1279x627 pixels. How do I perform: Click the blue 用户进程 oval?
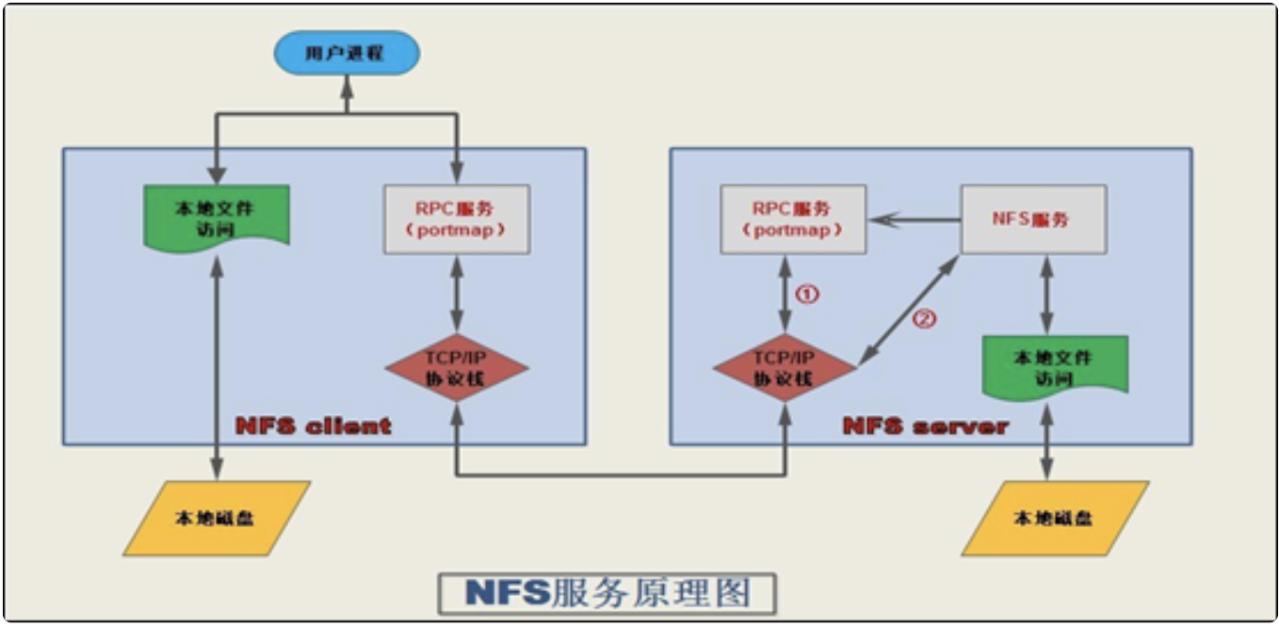(x=347, y=54)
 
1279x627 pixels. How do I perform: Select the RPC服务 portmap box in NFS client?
(x=456, y=219)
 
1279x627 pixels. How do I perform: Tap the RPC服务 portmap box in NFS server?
(x=793, y=219)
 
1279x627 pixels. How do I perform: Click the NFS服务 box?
(x=1033, y=219)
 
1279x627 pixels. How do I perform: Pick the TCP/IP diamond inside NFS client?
(x=456, y=367)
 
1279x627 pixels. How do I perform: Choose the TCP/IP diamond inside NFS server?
(x=785, y=367)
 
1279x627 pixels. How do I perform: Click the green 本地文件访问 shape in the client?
(x=217, y=214)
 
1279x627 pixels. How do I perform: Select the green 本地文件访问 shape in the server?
(x=1055, y=365)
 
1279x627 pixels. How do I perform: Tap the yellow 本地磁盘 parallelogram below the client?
(x=217, y=518)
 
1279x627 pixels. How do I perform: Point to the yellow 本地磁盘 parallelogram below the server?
(x=1055, y=518)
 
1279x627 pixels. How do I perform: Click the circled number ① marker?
(x=808, y=294)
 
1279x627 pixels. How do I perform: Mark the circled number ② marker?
(x=925, y=318)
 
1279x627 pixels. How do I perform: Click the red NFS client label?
(x=314, y=426)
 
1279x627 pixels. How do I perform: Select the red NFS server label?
(x=926, y=426)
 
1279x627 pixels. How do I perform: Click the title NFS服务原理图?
(x=607, y=593)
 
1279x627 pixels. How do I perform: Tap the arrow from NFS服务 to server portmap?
(x=914, y=220)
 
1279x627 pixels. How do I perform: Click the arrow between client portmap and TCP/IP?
(x=456, y=294)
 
